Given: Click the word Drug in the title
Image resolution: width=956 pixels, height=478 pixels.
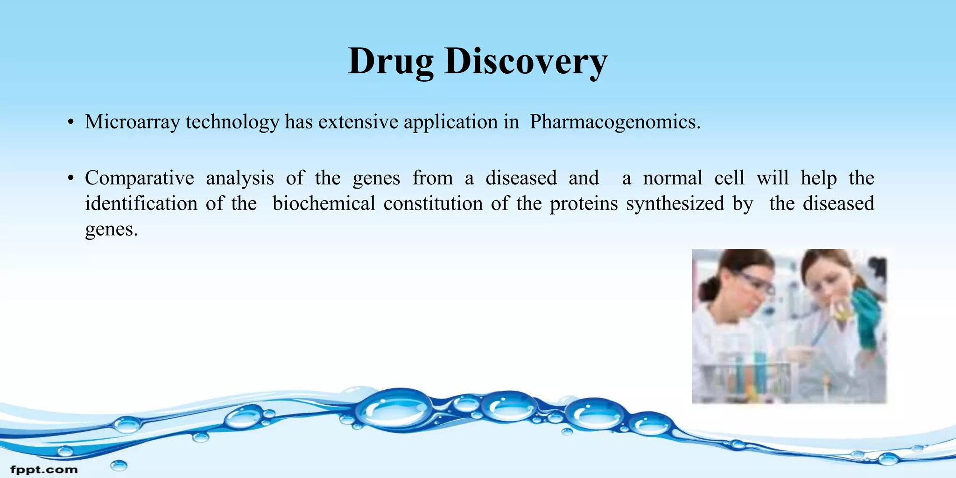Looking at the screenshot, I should pyautogui.click(x=391, y=62).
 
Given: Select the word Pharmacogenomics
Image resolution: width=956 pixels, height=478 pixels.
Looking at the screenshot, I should pyautogui.click(x=615, y=122).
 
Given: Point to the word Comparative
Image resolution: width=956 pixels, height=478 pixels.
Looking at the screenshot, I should pyautogui.click(x=139, y=178).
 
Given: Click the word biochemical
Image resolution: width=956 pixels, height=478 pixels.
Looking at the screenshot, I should pyautogui.click(x=323, y=204).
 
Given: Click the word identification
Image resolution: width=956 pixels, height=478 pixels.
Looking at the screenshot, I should pyautogui.click(x=141, y=204).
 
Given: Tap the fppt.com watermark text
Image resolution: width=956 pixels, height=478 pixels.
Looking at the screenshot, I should pyautogui.click(x=44, y=469).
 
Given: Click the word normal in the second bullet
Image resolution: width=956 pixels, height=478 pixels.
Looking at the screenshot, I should pyautogui.click(x=672, y=178).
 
